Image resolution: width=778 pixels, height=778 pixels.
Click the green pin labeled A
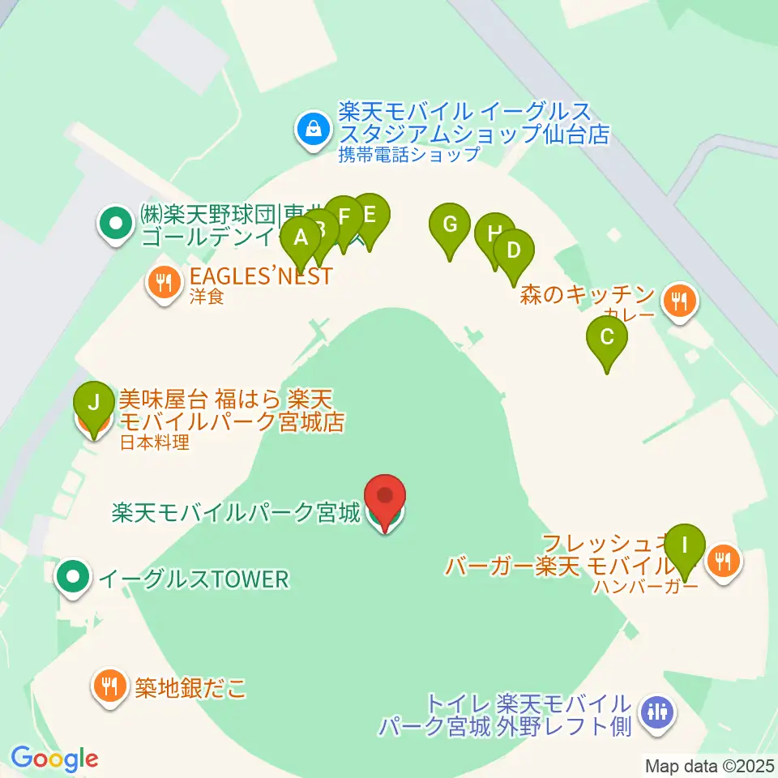(x=301, y=239)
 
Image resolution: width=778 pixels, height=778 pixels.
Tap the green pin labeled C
(x=607, y=336)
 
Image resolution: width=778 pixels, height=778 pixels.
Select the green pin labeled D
(x=512, y=250)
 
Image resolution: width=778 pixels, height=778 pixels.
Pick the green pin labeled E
(x=370, y=215)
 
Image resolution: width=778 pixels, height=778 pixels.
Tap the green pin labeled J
(x=95, y=402)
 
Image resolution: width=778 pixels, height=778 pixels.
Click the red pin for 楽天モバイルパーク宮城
(x=385, y=497)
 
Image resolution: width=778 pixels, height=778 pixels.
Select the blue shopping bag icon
(x=311, y=127)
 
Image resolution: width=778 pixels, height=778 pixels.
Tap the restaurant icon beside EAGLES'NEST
(x=163, y=283)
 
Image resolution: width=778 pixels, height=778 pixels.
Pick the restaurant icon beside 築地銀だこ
(x=108, y=687)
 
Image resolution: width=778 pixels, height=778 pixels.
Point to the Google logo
(x=54, y=759)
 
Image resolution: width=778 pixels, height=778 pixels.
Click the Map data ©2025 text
(x=709, y=765)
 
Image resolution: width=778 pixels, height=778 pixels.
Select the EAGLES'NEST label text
(x=260, y=276)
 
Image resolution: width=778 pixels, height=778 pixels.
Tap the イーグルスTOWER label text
(x=193, y=579)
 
